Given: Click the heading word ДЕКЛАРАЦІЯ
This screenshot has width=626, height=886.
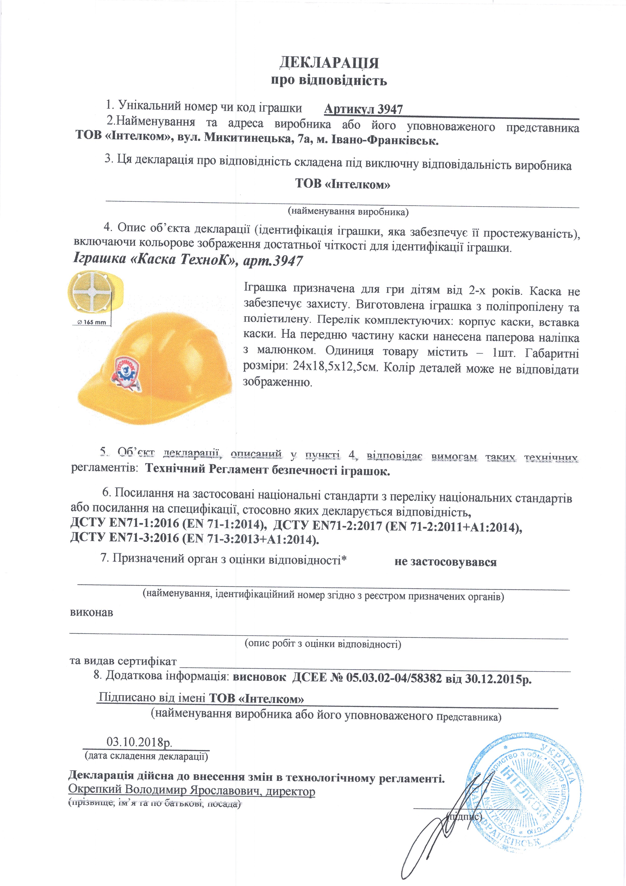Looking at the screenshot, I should [x=329, y=63].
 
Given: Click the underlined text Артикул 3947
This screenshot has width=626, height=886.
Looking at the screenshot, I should [x=363, y=110].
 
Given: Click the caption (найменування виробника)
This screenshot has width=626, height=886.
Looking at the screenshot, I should [x=348, y=211].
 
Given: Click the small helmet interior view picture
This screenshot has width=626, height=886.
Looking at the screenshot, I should [x=93, y=292].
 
